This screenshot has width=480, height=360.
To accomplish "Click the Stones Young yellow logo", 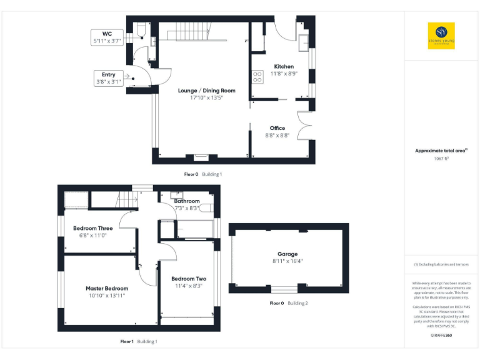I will pyautogui.click(x=441, y=36).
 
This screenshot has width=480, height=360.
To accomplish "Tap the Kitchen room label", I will pyautogui.click(x=284, y=66).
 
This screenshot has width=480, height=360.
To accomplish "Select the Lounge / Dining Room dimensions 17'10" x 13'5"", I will pyautogui.click(x=206, y=97).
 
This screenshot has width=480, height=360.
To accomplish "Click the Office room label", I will pyautogui.click(x=277, y=128).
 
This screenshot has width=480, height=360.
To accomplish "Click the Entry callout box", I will pyautogui.click(x=108, y=78).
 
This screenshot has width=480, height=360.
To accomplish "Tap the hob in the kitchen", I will pyautogui.click(x=257, y=77).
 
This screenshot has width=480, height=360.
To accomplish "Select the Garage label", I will pyautogui.click(x=287, y=254).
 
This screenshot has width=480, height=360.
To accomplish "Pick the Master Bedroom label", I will pyautogui.click(x=107, y=288).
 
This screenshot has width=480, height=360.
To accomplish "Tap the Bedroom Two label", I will pyautogui.click(x=189, y=278).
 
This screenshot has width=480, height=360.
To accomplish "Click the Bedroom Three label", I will pyautogui.click(x=93, y=228).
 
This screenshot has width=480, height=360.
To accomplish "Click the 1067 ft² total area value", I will pyautogui.click(x=441, y=159).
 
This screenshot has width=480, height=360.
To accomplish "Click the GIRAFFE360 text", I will pyautogui.click(x=441, y=336).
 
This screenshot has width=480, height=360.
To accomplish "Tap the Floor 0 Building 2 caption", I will pyautogui.click(x=289, y=303).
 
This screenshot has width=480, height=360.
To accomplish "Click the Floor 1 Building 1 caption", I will pyautogui.click(x=139, y=341).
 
